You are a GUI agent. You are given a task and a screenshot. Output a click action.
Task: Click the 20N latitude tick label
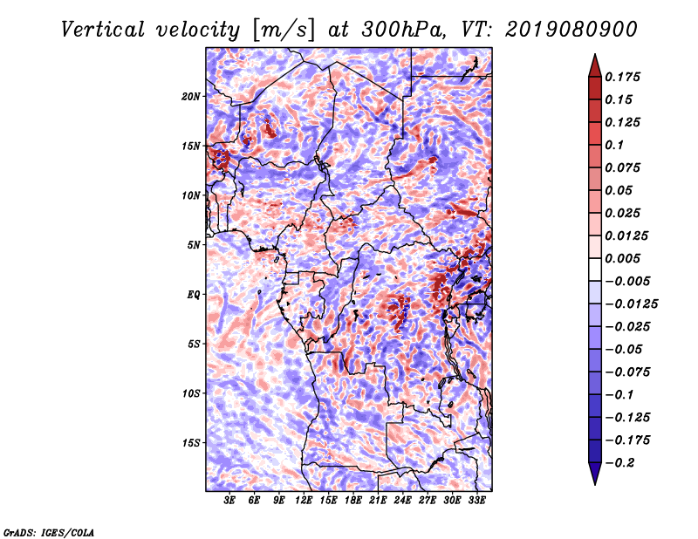coord(191,97)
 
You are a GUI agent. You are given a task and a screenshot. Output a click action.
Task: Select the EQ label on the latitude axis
coord(194,295)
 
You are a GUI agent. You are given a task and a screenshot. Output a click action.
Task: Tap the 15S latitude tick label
coord(191,443)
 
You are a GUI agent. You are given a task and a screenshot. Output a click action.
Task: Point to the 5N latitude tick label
coord(194,245)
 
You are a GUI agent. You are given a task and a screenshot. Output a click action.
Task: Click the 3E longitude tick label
coord(229,500)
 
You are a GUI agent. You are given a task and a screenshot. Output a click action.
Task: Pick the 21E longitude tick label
coord(378,500)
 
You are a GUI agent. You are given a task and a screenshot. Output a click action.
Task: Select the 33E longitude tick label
coord(476,500)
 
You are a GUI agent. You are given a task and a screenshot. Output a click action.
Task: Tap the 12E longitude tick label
coord(304,500)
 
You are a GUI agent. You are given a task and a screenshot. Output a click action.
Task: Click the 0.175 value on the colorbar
coord(622,77)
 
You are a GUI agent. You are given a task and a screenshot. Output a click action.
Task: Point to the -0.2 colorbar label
coord(619,463)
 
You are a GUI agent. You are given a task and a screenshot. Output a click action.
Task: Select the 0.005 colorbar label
coord(622,258)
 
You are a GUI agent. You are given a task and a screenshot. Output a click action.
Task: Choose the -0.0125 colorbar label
coord(631,304)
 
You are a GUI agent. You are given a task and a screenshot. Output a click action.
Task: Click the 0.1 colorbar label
coord(614,145)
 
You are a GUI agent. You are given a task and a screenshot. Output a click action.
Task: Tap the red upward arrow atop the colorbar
coord(595,66)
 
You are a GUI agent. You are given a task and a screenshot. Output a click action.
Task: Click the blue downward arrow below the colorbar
coord(595,474)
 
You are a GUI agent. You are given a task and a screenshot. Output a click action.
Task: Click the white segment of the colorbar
coord(595,269)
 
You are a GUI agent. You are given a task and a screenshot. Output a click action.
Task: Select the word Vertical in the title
coord(102,30)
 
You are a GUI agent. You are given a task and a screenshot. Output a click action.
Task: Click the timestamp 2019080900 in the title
coord(571,30)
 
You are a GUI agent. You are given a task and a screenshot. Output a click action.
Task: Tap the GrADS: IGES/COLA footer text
coord(49,533)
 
